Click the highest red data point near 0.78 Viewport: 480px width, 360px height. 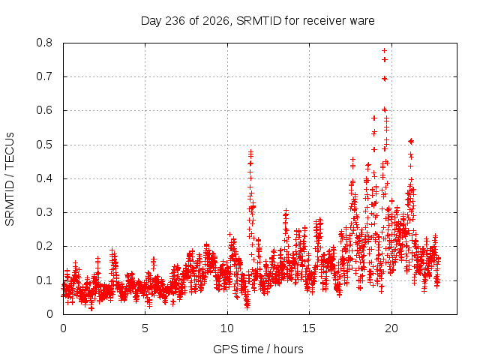click(x=384, y=50)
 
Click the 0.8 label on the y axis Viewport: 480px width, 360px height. click(x=44, y=43)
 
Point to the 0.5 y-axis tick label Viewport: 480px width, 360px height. click(x=44, y=145)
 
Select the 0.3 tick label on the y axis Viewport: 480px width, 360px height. click(x=44, y=212)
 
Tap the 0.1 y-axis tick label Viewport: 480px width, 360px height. click(x=44, y=280)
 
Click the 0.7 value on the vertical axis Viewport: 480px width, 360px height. click(x=44, y=76)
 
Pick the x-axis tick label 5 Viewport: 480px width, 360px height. click(x=145, y=328)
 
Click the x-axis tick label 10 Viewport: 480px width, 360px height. click(x=227, y=328)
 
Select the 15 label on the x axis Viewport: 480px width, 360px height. click(x=309, y=328)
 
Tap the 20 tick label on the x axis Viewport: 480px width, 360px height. click(x=391, y=328)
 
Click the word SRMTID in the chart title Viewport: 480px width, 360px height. click(x=259, y=21)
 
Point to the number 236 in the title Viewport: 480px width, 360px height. click(x=175, y=21)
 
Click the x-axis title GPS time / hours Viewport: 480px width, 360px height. click(x=258, y=349)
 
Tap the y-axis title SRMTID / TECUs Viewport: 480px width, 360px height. click(x=10, y=179)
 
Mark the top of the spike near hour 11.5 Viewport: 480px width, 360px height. click(x=250, y=151)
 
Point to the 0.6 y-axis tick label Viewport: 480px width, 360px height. click(x=44, y=110)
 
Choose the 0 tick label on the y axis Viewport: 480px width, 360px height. click(x=50, y=314)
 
